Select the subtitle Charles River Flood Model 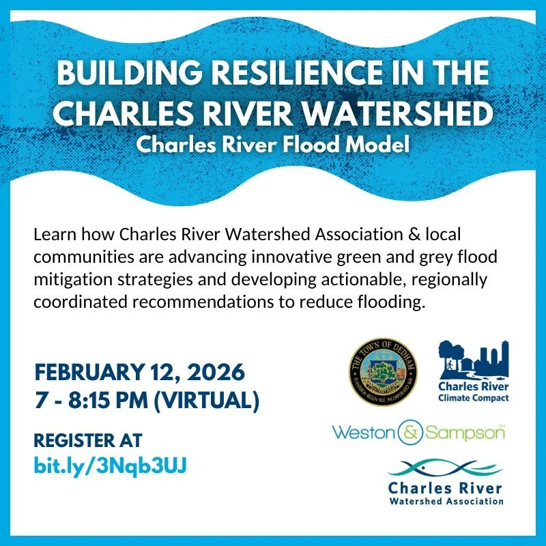coord(272,145)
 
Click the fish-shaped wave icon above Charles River coord(445,469)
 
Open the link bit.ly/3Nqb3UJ coord(110,465)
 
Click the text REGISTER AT coord(88,440)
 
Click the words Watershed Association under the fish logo coord(445,501)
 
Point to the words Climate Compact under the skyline coord(474,397)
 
